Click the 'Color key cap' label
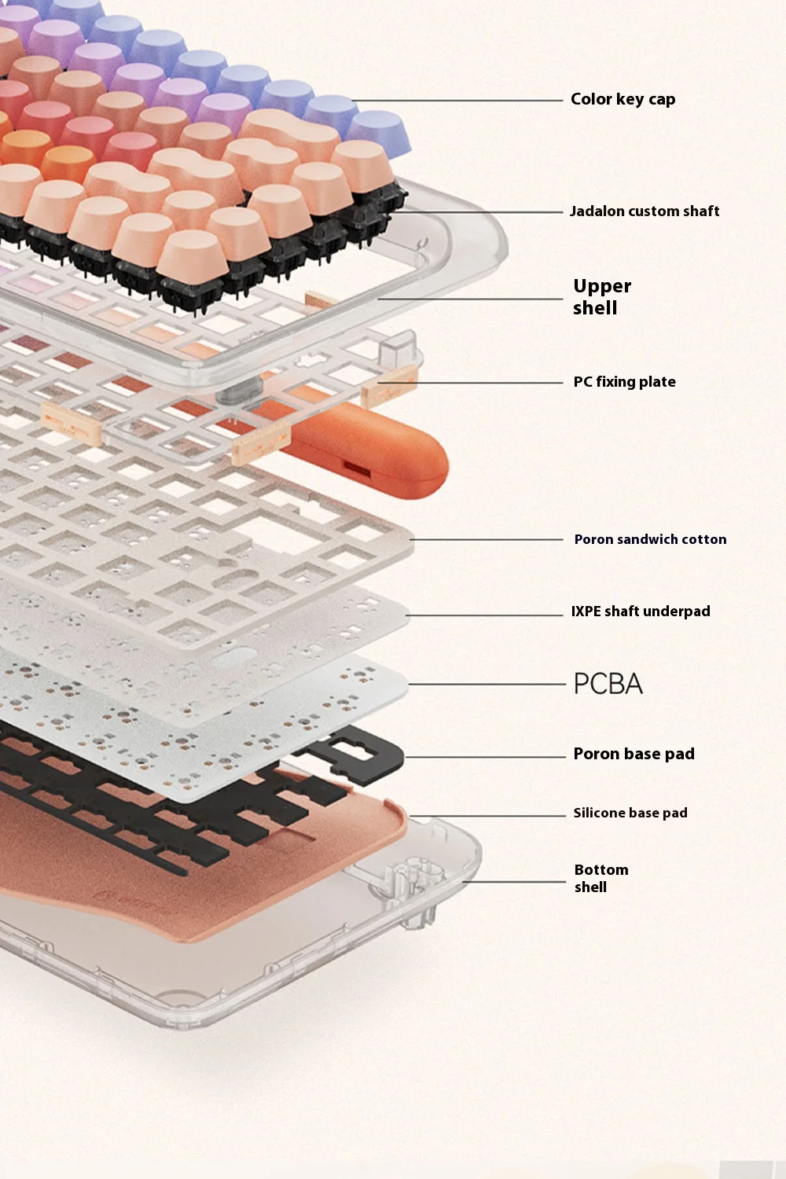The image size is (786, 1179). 623,99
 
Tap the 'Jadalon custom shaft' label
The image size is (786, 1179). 645,211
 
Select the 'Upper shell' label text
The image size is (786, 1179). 602,297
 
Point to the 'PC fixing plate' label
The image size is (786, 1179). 624,381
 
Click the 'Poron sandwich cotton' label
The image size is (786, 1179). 650,539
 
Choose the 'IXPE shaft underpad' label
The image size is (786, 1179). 641,611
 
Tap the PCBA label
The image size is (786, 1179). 608,684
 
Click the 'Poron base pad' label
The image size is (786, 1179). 634,754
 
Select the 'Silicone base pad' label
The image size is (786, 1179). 630,813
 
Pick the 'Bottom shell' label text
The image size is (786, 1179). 601,878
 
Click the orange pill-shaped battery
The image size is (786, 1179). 363,451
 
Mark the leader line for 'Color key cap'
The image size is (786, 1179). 457,100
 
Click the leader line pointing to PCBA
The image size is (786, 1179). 487,685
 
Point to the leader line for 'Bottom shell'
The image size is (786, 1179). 514,882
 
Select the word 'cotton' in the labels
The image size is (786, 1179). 704,539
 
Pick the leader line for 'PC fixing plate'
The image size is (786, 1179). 470,383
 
